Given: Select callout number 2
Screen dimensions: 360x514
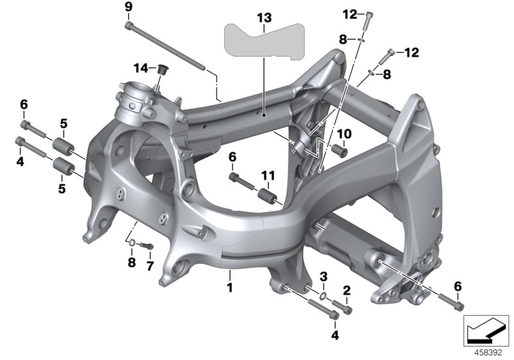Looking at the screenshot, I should point(346,291).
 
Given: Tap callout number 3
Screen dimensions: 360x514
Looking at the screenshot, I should point(324,276).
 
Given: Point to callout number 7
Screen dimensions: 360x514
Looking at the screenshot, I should point(150,265).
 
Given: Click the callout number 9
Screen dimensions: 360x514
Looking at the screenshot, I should point(128,7).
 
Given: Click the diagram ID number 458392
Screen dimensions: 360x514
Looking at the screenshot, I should point(490,352).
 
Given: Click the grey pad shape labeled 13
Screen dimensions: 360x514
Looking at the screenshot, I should point(263,41).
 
